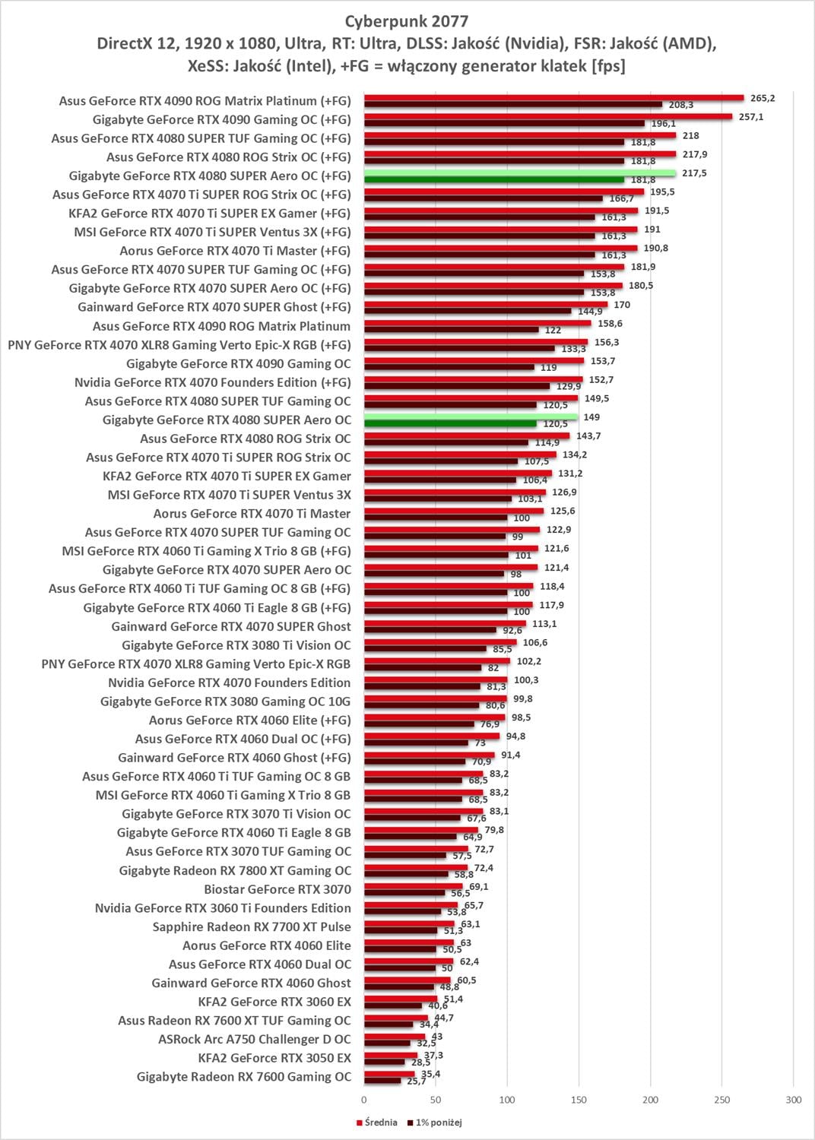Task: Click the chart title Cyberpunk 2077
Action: pyautogui.click(x=407, y=21)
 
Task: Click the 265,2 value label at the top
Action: pyautogui.click(x=762, y=98)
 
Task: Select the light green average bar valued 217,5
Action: pyautogui.click(x=519, y=173)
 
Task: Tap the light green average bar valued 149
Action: pyautogui.click(x=471, y=416)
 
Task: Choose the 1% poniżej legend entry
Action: pyautogui.click(x=435, y=1123)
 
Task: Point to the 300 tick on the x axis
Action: pyautogui.click(x=793, y=1100)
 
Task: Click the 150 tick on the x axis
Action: pyautogui.click(x=579, y=1100)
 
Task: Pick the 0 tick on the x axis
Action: pyautogui.click(x=364, y=1100)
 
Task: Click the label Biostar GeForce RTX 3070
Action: pyautogui.click(x=277, y=889)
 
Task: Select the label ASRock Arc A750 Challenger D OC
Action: pyautogui.click(x=255, y=1039)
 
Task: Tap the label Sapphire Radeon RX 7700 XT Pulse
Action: pyautogui.click(x=252, y=926)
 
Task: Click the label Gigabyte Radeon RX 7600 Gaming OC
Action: pyautogui.click(x=244, y=1076)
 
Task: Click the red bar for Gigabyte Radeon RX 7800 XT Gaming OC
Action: pyautogui.click(x=416, y=867)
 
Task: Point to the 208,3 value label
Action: pyautogui.click(x=680, y=105)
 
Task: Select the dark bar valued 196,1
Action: pyautogui.click(x=504, y=123)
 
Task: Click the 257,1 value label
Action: pyautogui.click(x=750, y=117)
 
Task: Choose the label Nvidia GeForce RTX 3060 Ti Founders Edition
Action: pyautogui.click(x=223, y=908)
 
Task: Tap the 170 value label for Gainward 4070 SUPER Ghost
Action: pyautogui.click(x=622, y=305)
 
